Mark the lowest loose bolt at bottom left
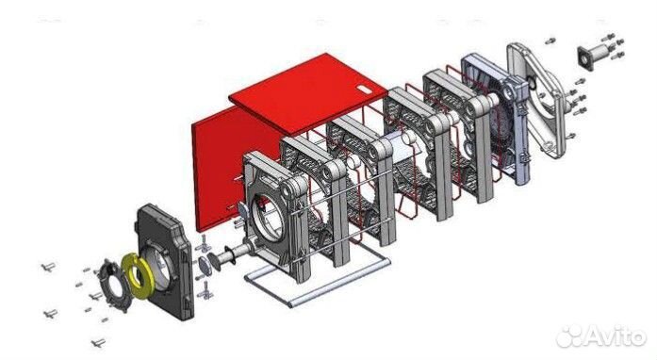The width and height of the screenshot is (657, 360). (97, 341)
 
